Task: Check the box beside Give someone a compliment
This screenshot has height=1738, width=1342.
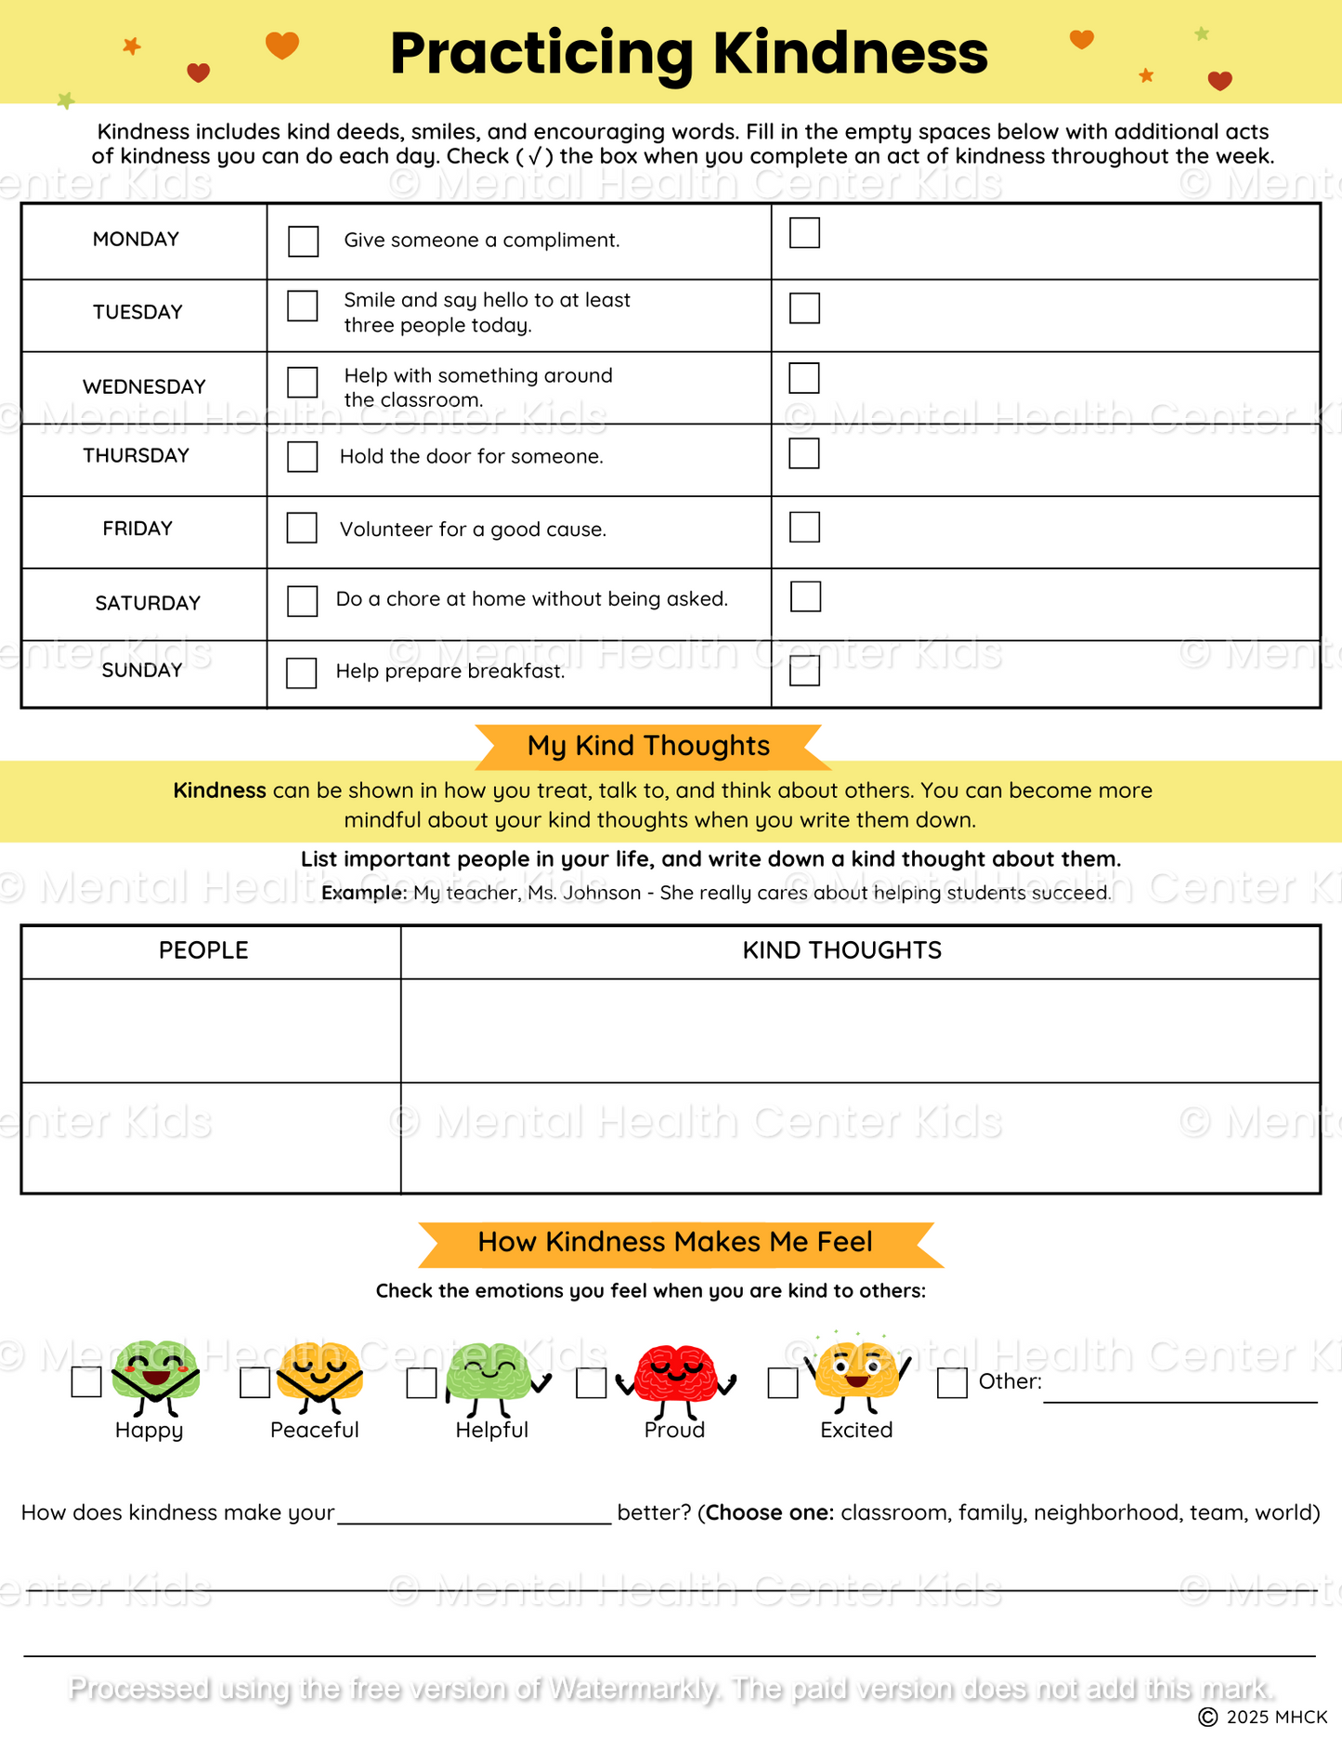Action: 303,242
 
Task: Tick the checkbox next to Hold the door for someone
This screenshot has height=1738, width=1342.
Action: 303,457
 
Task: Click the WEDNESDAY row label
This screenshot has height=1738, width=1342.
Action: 144,386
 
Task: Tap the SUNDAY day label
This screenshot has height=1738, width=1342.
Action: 142,671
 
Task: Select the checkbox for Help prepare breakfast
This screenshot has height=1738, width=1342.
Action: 302,673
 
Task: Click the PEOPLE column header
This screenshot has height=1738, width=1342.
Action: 203,950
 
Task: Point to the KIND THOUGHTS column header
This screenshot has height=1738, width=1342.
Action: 841,950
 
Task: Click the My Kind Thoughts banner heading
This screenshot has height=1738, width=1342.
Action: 648,746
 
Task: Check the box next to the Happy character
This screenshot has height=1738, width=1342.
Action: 86,1382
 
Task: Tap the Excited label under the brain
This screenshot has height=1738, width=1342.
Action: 856,1431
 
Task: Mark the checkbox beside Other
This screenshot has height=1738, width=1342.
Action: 952,1383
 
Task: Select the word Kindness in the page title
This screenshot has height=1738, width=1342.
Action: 850,53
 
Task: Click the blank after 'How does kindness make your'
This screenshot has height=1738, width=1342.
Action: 474,1511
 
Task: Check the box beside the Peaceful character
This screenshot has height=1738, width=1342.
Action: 254,1383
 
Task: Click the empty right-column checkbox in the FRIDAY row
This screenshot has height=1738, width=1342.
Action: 804,528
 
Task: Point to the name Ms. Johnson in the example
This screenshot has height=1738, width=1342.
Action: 584,893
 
